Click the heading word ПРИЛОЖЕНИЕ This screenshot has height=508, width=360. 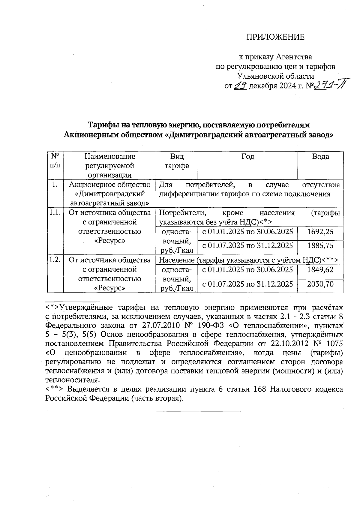[275, 37]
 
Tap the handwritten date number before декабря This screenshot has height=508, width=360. [240, 86]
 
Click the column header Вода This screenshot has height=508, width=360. [320, 156]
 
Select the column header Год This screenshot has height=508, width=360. [248, 156]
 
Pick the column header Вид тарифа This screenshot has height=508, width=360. [177, 161]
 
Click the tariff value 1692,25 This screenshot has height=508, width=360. [320, 231]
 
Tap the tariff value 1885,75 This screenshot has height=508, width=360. [320, 246]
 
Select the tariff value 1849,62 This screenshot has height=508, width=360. [320, 269]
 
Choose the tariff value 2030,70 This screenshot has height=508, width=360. [320, 284]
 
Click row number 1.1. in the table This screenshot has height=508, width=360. [55, 213]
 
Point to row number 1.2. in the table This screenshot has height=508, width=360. [55, 260]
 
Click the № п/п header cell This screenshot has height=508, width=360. [55, 161]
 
